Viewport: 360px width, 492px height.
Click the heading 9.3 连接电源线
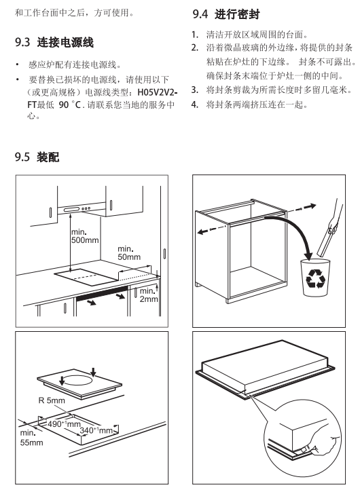pos(54,42)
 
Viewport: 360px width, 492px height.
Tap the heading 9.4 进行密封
pos(226,14)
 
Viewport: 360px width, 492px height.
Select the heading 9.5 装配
pos(37,157)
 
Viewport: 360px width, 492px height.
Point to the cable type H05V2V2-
pos(158,92)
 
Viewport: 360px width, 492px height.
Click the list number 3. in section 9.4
pos(195,90)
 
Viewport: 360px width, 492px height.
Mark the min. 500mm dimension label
pos(85,236)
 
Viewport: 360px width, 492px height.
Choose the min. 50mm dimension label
pos(129,253)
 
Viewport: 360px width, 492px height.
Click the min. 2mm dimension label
pos(148,295)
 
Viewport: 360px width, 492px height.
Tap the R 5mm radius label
pos(52,400)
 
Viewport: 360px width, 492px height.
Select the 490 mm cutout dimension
pos(64,424)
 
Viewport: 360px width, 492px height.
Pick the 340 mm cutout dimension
pos(96,430)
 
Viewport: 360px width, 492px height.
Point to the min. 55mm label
pos(31,438)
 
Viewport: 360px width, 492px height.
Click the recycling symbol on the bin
pos(314,279)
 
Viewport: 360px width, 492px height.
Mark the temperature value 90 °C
pos(70,105)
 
